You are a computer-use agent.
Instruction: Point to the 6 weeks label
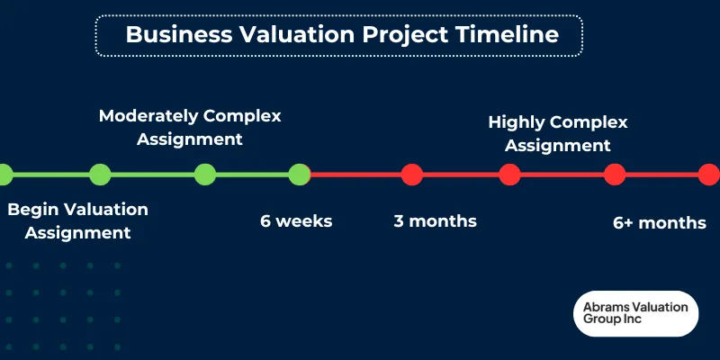click(x=296, y=220)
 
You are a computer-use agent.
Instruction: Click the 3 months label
click(x=435, y=220)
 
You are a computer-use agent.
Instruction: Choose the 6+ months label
click(x=659, y=222)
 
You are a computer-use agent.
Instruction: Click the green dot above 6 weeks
click(x=299, y=174)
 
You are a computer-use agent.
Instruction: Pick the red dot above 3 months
click(x=411, y=174)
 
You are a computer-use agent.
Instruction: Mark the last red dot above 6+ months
click(x=708, y=174)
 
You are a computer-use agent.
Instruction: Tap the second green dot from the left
click(x=100, y=174)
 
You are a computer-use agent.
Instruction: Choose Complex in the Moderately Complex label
click(x=242, y=116)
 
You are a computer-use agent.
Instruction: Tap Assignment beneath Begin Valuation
click(x=77, y=233)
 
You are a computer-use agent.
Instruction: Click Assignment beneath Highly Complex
click(x=557, y=145)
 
